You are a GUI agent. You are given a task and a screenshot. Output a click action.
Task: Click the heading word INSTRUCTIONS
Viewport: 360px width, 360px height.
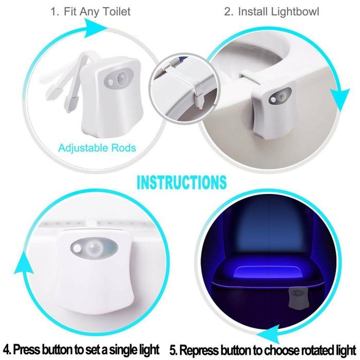pos(182,182)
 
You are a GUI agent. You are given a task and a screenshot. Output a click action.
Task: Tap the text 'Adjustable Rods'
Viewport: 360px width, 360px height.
pos(97,148)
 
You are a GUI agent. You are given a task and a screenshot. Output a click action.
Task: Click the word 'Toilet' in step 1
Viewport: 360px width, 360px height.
pos(114,11)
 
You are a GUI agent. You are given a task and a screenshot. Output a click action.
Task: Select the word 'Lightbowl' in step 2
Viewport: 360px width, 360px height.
pos(293,11)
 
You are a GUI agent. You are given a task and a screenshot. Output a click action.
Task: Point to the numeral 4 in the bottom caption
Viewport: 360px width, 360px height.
pos(6,349)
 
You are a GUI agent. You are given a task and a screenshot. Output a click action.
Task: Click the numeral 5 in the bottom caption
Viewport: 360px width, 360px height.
pos(173,349)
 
